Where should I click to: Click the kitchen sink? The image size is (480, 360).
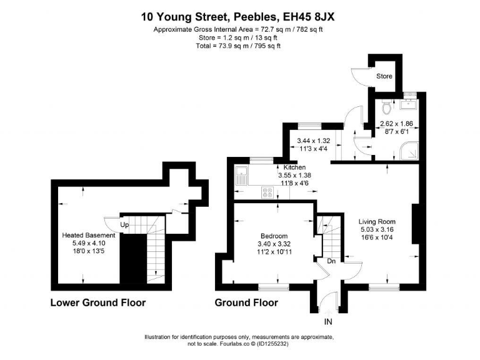[241, 176]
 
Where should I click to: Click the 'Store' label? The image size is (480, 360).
[384, 77]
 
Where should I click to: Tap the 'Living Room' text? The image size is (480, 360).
[377, 222]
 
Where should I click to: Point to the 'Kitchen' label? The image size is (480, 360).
[294, 167]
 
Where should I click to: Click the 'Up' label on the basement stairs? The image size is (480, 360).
[124, 224]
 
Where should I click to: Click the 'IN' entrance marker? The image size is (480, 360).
[327, 322]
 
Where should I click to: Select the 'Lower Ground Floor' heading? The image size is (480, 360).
[97, 303]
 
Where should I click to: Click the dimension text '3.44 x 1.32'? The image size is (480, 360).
[314, 141]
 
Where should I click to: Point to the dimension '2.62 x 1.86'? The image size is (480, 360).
[397, 124]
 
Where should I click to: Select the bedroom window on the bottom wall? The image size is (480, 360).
[269, 286]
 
